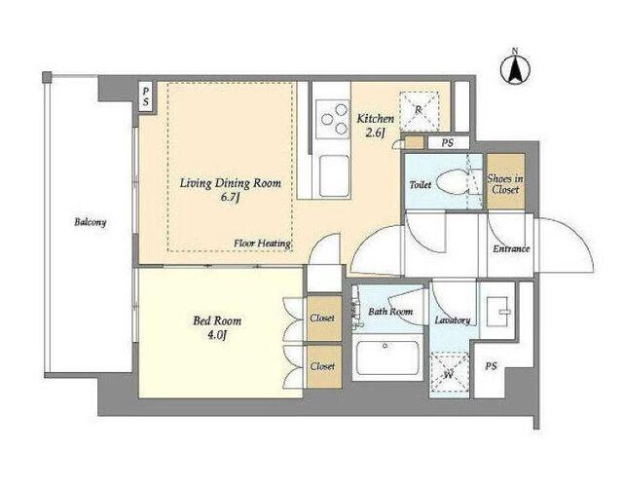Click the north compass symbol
[515, 69]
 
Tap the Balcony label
[91, 222]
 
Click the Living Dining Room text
[231, 183]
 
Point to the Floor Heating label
[262, 243]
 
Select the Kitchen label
[376, 119]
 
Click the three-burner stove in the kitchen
[333, 119]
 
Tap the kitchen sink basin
[335, 174]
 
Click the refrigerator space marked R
[419, 111]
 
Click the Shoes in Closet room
[506, 182]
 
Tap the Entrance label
[511, 248]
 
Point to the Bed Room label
[217, 320]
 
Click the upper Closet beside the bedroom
[324, 319]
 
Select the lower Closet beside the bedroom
[324, 366]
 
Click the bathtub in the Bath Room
[387, 357]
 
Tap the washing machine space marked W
[450, 373]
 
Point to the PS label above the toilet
[448, 143]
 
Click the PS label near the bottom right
[491, 366]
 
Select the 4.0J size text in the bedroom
[216, 335]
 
